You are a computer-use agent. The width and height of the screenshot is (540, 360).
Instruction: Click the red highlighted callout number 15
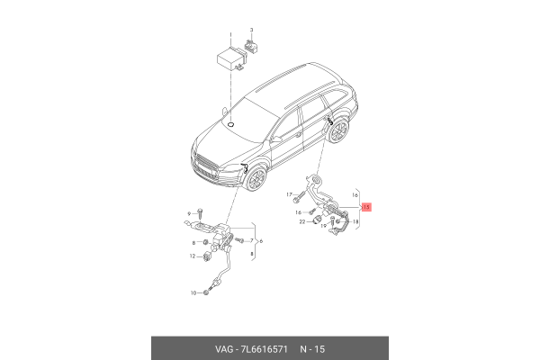click(x=365, y=206)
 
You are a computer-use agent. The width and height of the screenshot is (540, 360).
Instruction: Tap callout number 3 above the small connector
click(x=252, y=31)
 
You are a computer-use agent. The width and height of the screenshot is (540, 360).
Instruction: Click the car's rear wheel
click(x=337, y=133)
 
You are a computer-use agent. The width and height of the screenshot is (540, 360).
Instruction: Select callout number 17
click(x=290, y=194)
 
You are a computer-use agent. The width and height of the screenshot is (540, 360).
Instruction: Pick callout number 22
click(x=301, y=222)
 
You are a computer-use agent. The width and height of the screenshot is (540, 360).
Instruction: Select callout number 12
click(x=193, y=257)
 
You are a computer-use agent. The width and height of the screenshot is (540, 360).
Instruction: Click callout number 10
click(x=193, y=293)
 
